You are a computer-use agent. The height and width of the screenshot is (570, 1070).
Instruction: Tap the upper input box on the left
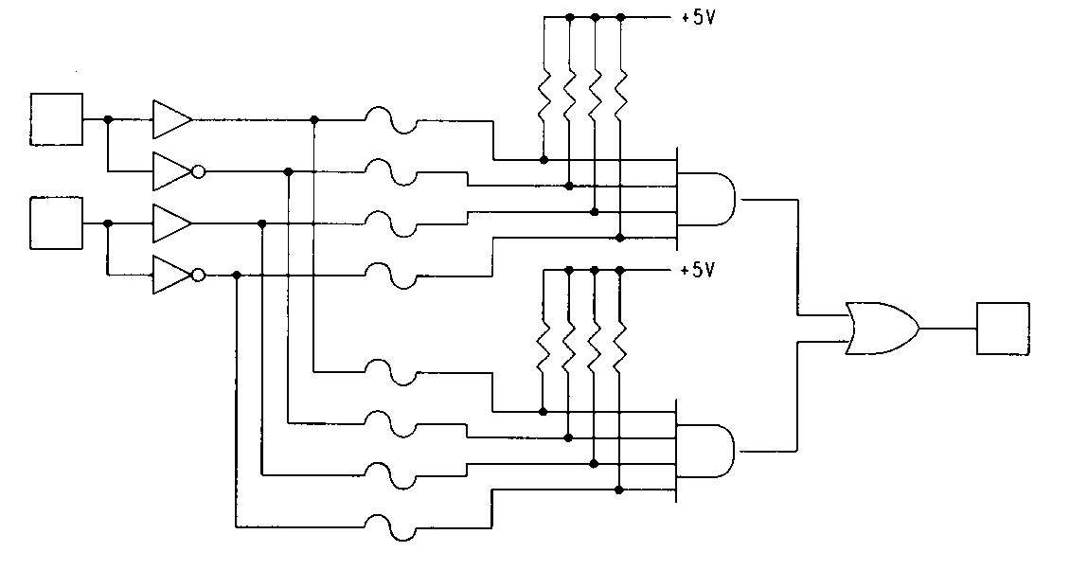(57, 120)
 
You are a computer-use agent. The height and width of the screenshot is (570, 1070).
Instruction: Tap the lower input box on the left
(57, 223)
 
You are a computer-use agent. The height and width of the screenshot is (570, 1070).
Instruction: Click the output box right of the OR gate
(1003, 329)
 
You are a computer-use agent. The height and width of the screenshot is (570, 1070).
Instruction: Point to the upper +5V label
(697, 17)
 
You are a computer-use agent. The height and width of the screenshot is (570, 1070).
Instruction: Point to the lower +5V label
(697, 271)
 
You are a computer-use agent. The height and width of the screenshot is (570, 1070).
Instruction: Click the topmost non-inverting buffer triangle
(170, 120)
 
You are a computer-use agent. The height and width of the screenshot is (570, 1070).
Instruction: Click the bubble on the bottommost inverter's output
(197, 276)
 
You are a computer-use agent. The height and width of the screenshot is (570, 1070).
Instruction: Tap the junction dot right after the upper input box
(108, 120)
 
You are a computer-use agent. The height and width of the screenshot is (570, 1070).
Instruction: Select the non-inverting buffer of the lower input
(170, 223)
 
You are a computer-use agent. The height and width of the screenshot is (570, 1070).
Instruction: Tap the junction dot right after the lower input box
(108, 223)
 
